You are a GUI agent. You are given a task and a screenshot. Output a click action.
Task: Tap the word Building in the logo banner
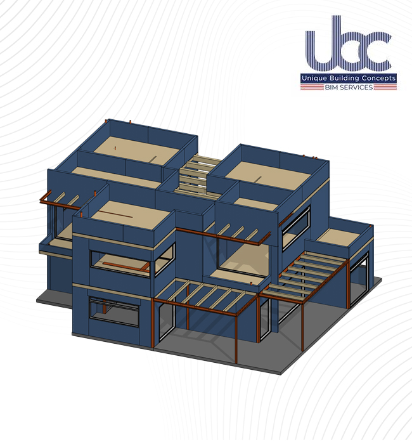[339, 78]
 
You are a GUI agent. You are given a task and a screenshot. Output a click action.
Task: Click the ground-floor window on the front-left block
[113, 311]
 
